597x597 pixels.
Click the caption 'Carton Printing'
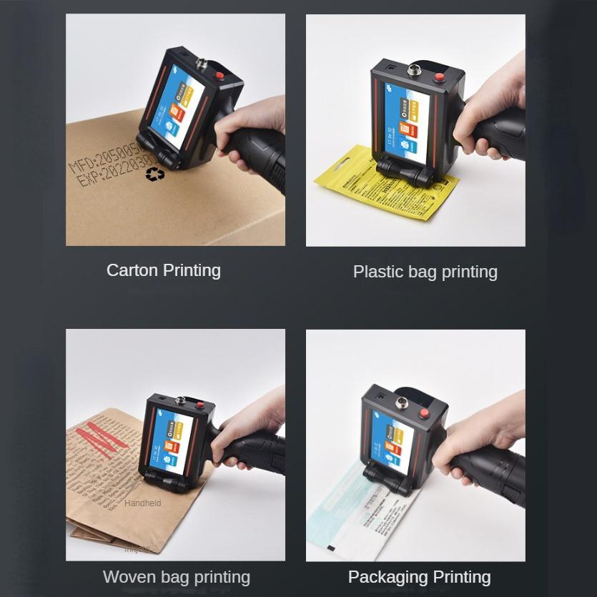point(163,270)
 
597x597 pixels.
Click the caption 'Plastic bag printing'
point(425,272)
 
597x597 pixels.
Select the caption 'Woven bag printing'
point(176,577)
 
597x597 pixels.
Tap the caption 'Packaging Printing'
point(419,577)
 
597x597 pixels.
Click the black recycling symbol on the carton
point(154,174)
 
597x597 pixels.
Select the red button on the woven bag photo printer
point(203,405)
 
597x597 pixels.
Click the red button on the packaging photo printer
point(424,413)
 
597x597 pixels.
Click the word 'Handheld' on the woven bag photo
point(142,503)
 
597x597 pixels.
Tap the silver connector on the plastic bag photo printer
point(413,71)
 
